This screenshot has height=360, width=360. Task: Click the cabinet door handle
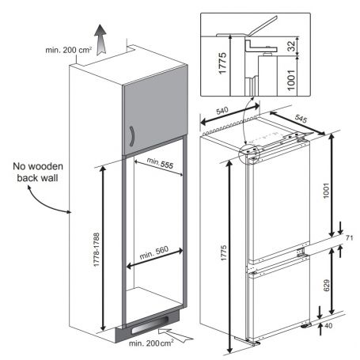coord(132,136)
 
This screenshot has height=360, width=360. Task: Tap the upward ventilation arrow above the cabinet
coord(100,40)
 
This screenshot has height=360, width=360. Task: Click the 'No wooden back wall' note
coord(38,172)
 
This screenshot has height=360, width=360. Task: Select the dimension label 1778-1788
coord(97,249)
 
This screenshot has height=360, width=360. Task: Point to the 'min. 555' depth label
coord(160,163)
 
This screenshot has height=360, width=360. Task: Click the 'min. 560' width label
coord(153,252)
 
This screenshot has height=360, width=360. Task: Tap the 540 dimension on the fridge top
coord(222,111)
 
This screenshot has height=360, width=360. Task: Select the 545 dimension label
coord(301,119)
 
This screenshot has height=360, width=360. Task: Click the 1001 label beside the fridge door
coord(327,191)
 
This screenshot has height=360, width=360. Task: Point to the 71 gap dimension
coord(349,238)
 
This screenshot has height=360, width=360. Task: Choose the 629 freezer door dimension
coord(327,285)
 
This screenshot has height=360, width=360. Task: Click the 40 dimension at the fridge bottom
coord(328,326)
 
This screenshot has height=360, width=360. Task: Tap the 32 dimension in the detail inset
coord(291,46)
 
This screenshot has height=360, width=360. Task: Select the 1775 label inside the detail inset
coord(222,63)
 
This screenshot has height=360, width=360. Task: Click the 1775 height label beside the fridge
coord(224,253)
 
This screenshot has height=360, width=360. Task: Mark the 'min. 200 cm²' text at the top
coord(69,50)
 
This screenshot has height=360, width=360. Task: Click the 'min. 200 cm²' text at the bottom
coord(151,343)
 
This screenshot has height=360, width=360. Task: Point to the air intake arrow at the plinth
coord(176,335)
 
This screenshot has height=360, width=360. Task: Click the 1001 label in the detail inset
coord(290,80)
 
